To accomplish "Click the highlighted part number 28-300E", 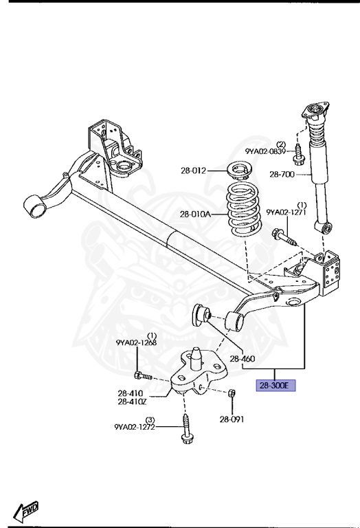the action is tap(276, 385).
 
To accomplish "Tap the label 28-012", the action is tap(193, 170).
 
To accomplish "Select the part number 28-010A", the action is tap(196, 214).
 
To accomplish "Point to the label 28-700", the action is tap(282, 174).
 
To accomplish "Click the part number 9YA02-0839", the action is tap(265, 151).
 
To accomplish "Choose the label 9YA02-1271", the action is tap(286, 212).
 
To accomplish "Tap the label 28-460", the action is tap(243, 359).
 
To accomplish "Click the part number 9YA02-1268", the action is tap(136, 343).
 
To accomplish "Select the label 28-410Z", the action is tap(132, 401).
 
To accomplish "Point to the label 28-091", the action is tap(232, 419).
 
